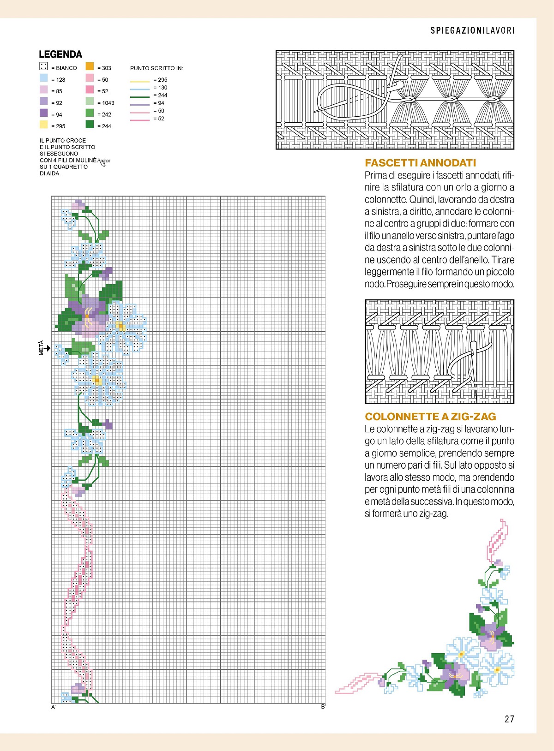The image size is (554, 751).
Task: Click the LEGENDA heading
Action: [x=60, y=54]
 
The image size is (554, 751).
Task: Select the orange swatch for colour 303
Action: [x=90, y=66]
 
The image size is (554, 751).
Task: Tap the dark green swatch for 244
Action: [x=90, y=124]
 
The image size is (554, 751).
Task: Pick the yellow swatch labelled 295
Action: [x=44, y=124]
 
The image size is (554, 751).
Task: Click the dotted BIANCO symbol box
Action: [x=43, y=66]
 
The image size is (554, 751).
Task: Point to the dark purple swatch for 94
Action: [x=44, y=113]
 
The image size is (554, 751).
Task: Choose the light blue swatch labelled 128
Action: [x=44, y=78]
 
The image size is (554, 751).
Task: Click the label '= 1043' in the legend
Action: [x=106, y=103]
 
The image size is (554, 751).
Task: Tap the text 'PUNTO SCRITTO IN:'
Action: [x=157, y=68]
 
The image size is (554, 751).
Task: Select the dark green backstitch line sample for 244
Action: [x=140, y=97]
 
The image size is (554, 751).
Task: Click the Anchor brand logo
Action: [x=104, y=161]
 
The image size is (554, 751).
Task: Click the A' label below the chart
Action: [x=54, y=707]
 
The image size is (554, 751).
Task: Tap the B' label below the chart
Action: [x=323, y=707]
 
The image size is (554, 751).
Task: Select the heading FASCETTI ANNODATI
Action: [x=420, y=163]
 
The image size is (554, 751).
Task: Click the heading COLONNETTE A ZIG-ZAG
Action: [x=430, y=417]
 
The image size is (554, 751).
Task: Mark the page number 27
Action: [x=509, y=719]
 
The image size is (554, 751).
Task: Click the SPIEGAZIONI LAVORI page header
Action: [x=472, y=30]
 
